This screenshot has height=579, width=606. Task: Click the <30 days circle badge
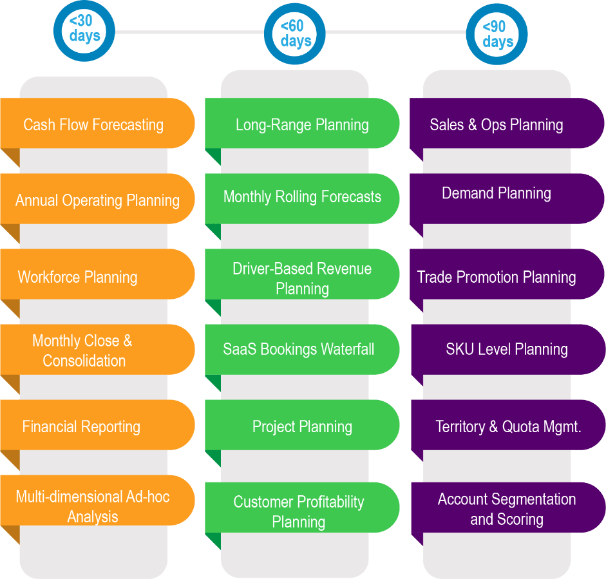tap(84, 30)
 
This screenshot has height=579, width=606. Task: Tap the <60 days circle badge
tap(296, 33)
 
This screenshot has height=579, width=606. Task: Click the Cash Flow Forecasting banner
tap(93, 124)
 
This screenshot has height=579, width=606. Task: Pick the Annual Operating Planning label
tap(97, 200)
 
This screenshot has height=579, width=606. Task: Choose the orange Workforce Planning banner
tap(78, 277)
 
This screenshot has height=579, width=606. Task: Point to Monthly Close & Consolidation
tap(83, 350)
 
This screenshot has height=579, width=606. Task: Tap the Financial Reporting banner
tap(81, 426)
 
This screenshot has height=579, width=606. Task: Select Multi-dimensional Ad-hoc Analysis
tap(93, 506)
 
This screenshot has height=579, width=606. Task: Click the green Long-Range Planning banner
tap(302, 124)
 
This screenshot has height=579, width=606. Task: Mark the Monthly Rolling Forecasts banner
tap(302, 196)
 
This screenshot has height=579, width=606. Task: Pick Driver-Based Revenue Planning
tap(302, 278)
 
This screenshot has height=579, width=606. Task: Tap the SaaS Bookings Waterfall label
tap(298, 349)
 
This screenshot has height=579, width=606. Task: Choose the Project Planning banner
tap(302, 426)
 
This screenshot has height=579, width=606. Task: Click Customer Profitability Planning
tap(299, 511)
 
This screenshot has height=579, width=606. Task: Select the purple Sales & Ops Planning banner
tap(497, 124)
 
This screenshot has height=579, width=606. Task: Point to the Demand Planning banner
tap(497, 193)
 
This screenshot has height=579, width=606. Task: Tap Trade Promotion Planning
tap(497, 277)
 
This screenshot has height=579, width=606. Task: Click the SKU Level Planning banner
tap(507, 349)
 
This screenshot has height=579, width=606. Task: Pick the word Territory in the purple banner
tap(460, 426)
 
